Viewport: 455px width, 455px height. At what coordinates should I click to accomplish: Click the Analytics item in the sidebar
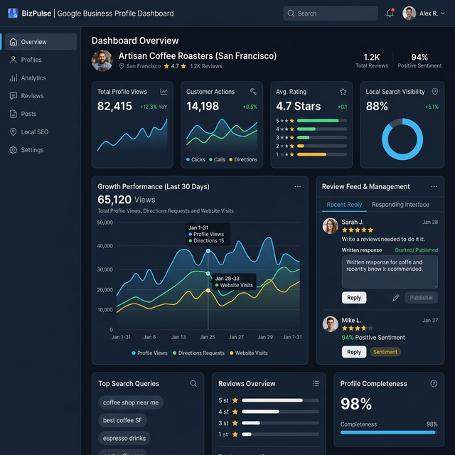click(33, 78)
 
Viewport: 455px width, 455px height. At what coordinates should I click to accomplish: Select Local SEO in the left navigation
click(34, 132)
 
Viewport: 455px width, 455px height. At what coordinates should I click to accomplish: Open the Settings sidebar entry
click(31, 150)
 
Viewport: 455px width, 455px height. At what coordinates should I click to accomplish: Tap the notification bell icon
click(390, 14)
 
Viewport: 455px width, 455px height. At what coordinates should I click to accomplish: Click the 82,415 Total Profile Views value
click(114, 107)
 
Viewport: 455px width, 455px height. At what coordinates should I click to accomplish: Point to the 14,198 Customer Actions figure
click(203, 107)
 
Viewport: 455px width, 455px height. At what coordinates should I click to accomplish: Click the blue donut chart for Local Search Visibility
click(402, 138)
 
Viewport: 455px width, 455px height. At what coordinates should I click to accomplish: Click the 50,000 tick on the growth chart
click(105, 223)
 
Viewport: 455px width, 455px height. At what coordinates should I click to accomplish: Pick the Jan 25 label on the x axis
click(208, 337)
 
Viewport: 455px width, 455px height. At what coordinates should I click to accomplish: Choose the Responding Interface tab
click(400, 205)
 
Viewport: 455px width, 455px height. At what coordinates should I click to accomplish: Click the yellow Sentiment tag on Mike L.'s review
click(385, 352)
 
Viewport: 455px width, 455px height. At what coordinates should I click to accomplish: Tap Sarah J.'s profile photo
click(331, 226)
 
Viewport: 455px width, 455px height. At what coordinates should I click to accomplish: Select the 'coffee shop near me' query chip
click(131, 402)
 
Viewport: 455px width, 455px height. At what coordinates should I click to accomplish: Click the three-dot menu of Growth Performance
click(298, 186)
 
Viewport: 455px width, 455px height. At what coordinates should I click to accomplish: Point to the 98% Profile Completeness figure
click(356, 405)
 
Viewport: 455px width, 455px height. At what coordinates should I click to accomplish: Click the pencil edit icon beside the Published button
click(396, 298)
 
